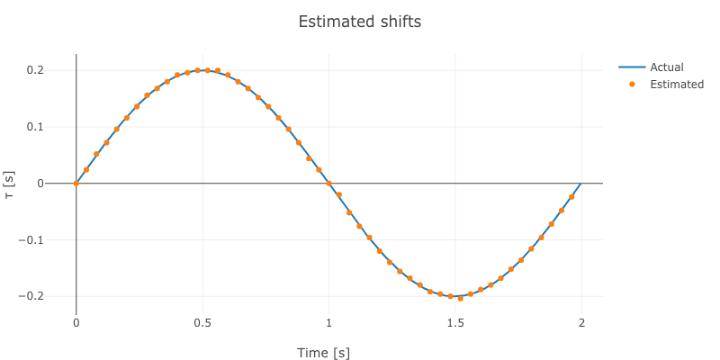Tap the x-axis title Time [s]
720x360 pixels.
pos(323,353)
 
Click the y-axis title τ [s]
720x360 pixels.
pos(10,184)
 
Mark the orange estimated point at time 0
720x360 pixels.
pos(76,184)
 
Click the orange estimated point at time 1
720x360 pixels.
pos(328,184)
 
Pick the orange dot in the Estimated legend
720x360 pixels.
pos(632,85)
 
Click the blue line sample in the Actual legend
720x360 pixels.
pos(632,67)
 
